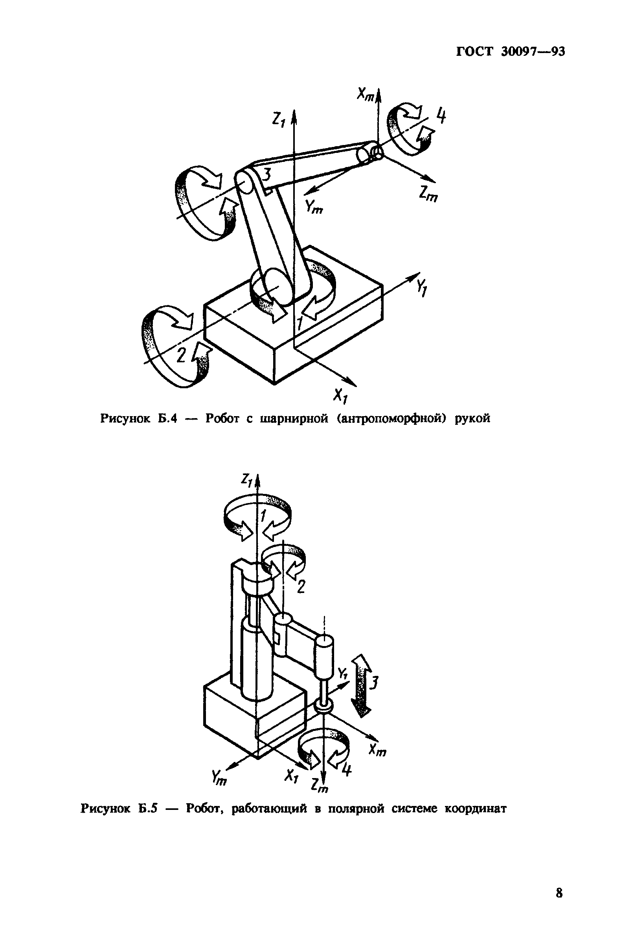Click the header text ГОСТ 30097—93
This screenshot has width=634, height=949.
point(510,52)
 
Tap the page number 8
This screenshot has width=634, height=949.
point(559,892)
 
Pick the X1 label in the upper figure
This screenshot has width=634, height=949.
point(340,396)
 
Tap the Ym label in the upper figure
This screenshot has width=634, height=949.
point(314,207)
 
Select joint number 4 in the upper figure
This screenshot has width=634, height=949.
point(441,117)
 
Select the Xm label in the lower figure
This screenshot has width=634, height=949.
point(378,751)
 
